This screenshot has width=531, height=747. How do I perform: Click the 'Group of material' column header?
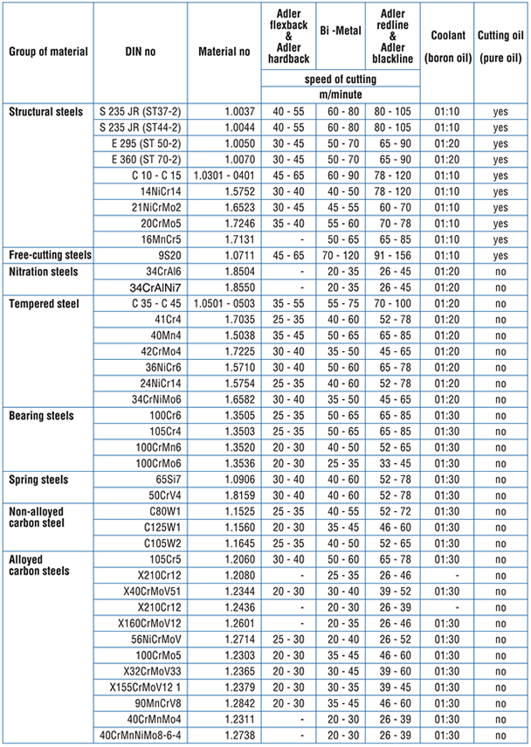coord(49,51)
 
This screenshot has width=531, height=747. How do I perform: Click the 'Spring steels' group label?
coord(39,479)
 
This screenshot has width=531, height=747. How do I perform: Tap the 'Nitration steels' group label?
coord(45,271)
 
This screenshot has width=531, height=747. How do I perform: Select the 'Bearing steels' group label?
coord(42,415)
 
